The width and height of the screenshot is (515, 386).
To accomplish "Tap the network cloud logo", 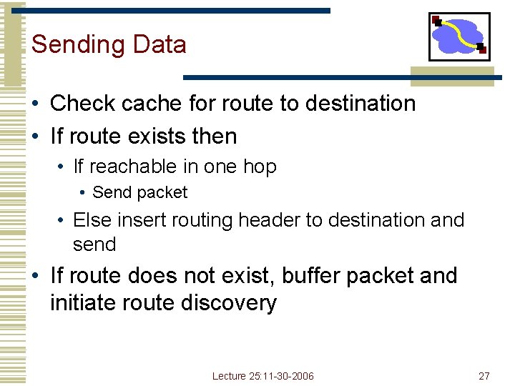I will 458,36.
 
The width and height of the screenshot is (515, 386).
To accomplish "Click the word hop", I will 260,167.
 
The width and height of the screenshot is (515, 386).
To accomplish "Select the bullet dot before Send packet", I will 84,193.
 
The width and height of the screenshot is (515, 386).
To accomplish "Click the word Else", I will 89,219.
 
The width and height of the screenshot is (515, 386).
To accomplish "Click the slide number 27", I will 484,376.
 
